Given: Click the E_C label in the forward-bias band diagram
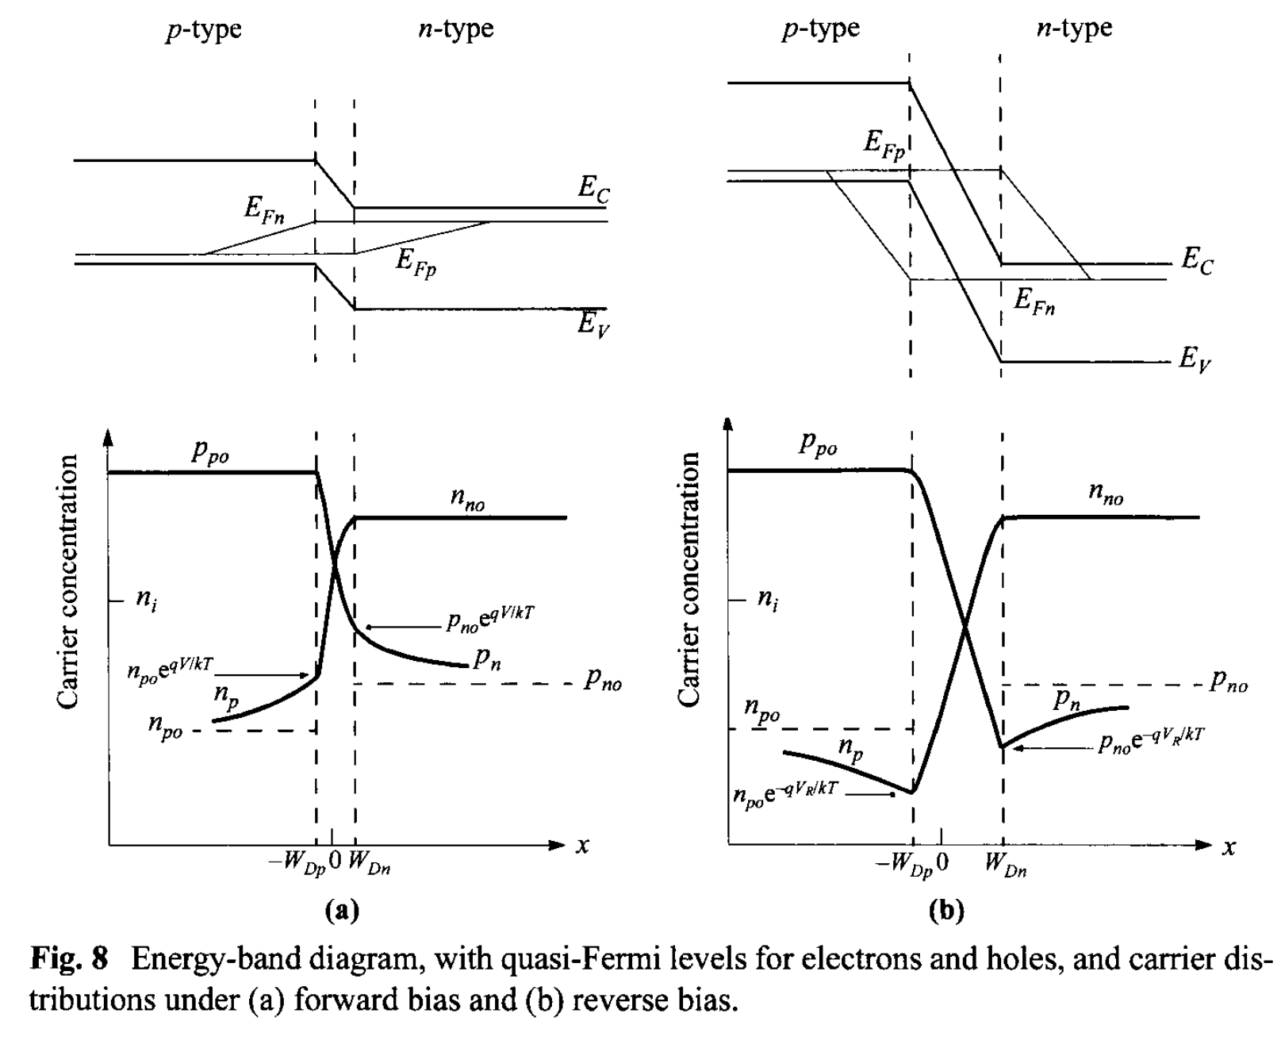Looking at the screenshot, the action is pos(594,189).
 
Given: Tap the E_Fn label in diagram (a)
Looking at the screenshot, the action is pos(264,211).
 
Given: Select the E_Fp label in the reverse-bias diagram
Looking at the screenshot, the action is pos(884,144).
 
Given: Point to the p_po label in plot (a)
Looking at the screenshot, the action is pos(210,451).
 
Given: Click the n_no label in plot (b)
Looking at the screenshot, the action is pos(1106,494).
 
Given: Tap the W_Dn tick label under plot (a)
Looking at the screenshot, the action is pos(369,863).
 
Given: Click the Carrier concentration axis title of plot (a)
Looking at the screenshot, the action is pos(67,582).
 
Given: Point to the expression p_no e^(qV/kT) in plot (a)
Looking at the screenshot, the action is pos(489,620).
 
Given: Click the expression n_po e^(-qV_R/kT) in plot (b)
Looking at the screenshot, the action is pos(785,793).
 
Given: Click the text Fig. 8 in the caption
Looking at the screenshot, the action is pos(68,959).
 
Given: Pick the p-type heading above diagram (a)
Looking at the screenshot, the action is pos(204,30).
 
